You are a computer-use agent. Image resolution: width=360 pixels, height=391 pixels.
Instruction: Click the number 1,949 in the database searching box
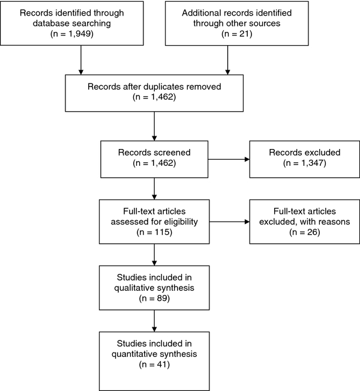click(x=79, y=34)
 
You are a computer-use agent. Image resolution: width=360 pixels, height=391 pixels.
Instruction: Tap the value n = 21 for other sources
click(x=236, y=34)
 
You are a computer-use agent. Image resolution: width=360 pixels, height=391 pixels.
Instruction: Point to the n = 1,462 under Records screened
click(x=154, y=163)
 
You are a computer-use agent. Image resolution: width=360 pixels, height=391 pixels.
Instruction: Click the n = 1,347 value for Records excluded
click(x=304, y=163)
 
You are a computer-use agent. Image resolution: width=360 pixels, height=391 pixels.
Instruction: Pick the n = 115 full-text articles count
click(x=154, y=232)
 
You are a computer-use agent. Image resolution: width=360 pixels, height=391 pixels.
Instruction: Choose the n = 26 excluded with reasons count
click(x=304, y=232)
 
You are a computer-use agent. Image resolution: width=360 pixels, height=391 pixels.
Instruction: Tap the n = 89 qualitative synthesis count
click(x=154, y=299)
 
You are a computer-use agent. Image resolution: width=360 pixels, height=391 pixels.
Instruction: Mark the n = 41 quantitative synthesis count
click(x=154, y=365)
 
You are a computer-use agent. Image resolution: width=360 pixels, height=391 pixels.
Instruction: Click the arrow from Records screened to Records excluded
click(x=229, y=159)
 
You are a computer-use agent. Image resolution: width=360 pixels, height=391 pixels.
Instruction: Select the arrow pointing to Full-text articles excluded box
click(x=229, y=222)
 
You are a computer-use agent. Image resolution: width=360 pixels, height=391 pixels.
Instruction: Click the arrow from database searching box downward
click(x=81, y=60)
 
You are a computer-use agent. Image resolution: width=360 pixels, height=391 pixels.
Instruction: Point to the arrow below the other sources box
click(x=227, y=60)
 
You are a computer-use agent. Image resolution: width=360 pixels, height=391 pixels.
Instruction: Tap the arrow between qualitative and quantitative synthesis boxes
click(x=154, y=321)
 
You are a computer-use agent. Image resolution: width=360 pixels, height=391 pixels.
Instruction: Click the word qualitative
click(x=132, y=288)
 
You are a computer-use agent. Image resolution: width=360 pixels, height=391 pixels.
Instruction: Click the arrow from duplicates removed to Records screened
click(x=154, y=126)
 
